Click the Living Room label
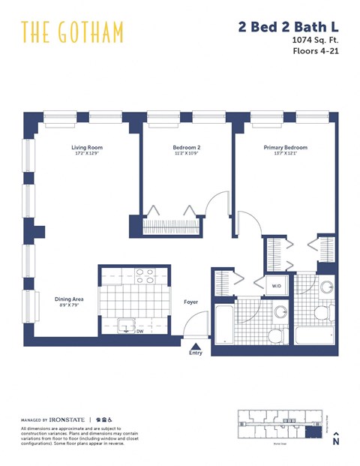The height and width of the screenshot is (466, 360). tap(86, 148)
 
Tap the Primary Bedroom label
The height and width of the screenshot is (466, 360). tap(285, 148)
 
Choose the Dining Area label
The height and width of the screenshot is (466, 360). tap(68, 299)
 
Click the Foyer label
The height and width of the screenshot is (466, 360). tap(191, 302)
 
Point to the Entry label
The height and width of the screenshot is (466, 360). tap(196, 353)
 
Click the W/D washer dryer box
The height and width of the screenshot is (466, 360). tap(276, 286)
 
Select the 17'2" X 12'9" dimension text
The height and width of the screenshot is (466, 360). tap(86, 155)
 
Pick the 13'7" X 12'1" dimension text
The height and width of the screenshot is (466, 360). tap(285, 155)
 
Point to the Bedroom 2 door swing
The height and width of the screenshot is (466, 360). tap(217, 204)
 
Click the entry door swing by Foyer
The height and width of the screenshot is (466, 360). tap(193, 325)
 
